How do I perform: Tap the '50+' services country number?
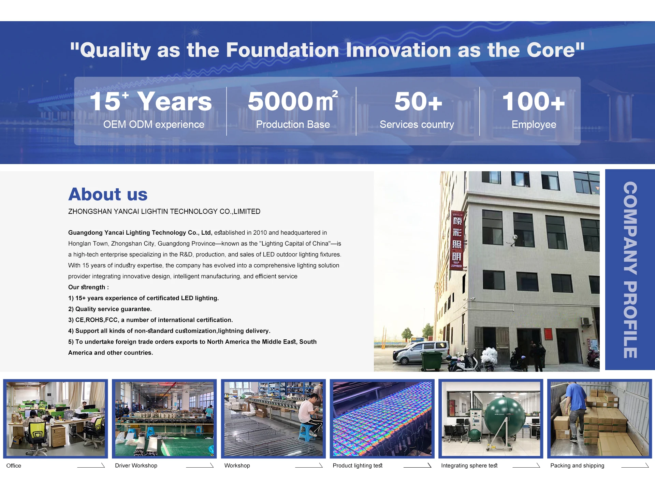[x=418, y=102]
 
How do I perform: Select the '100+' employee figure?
[x=534, y=102]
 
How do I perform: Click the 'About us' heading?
[x=108, y=194]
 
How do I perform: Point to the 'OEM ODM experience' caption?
[x=154, y=124]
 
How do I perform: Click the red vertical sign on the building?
[x=457, y=241]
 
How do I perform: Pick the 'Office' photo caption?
[x=14, y=466]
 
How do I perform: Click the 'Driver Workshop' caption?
[x=136, y=466]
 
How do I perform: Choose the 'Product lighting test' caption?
[x=358, y=466]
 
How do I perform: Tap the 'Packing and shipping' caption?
[x=577, y=466]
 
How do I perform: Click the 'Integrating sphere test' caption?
[x=469, y=466]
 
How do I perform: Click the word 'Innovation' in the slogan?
[x=398, y=50]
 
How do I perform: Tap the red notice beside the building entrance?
[x=548, y=334]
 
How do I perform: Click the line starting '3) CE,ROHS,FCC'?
[x=150, y=320]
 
